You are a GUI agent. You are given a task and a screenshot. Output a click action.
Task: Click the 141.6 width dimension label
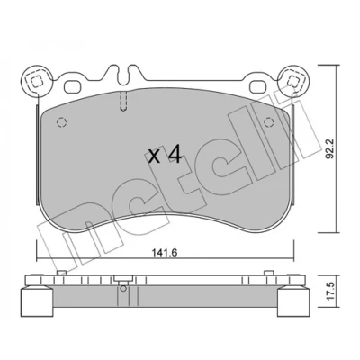(165, 253)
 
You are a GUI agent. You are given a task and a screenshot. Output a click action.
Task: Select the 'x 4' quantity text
(166, 156)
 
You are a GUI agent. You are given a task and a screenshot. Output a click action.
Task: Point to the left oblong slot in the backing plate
(73, 86)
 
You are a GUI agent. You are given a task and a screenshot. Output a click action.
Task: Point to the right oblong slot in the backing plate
(258, 86)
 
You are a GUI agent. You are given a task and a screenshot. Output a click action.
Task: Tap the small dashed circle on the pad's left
(61, 122)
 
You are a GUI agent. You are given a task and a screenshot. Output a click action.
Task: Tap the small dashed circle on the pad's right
(268, 122)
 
